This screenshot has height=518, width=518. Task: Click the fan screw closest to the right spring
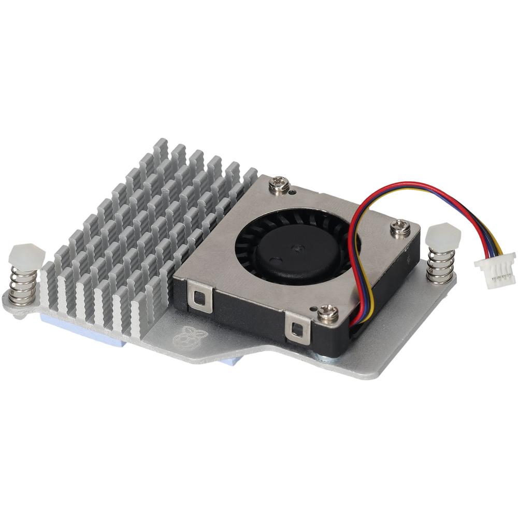point(400,226)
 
